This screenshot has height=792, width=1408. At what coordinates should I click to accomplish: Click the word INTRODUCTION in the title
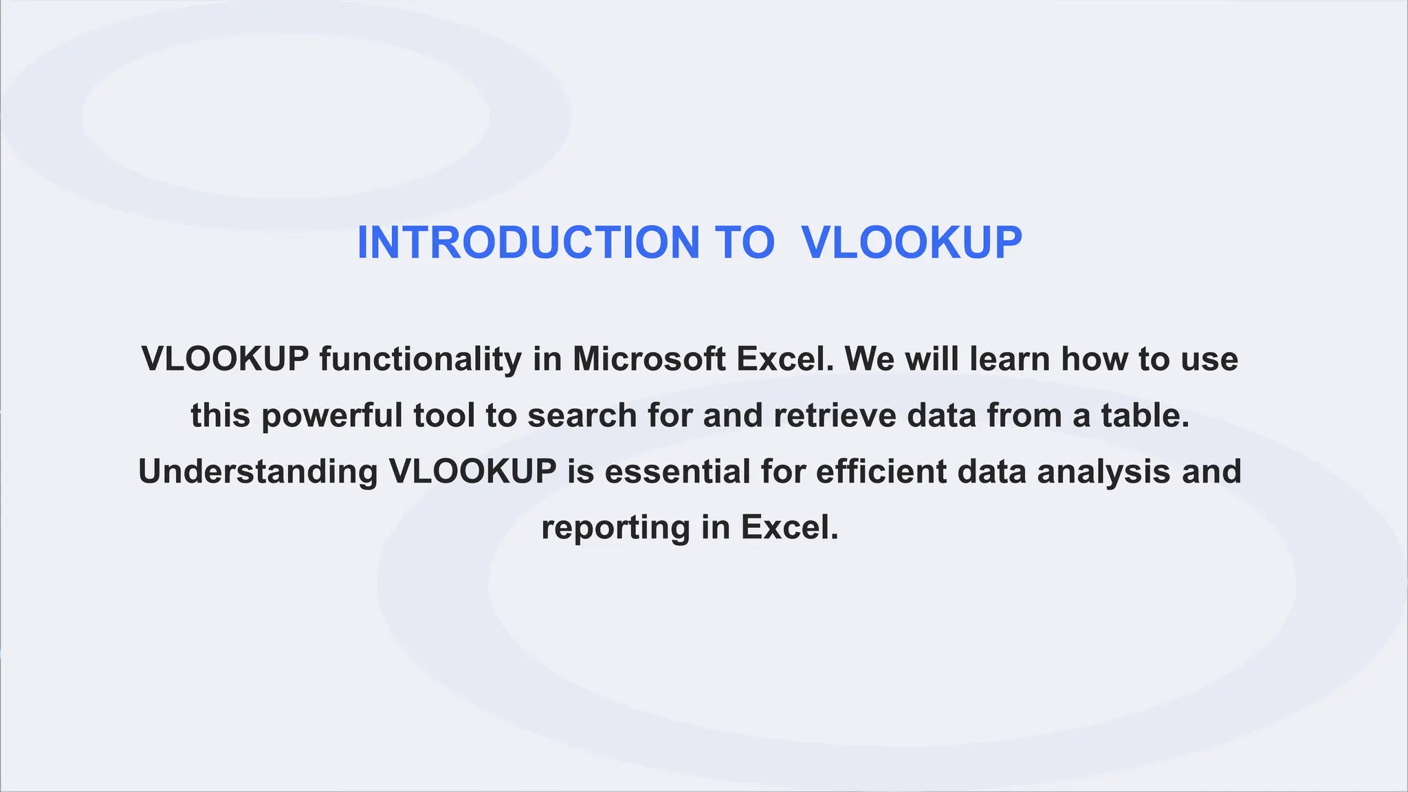pos(528,243)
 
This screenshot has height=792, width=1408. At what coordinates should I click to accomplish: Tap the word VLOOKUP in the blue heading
pos(912,243)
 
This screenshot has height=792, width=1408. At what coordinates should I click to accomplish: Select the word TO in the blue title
pos(745,243)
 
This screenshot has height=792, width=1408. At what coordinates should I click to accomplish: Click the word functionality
pos(421,360)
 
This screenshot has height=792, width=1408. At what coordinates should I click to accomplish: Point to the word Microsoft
pos(649,360)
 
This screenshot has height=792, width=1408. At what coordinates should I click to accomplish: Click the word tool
pos(444,416)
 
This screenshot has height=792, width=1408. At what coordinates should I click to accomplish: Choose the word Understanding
pos(258,472)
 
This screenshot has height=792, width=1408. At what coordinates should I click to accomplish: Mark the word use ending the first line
pos(1209,360)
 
